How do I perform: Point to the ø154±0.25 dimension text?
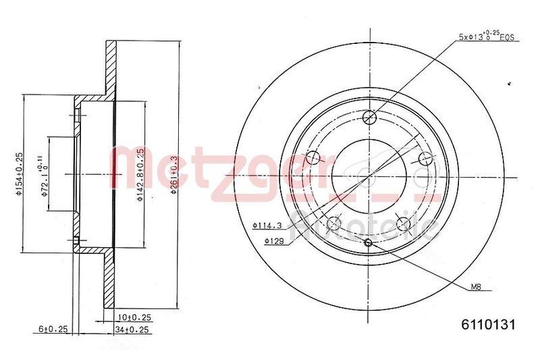click(20, 174)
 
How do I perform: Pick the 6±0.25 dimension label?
click(53, 329)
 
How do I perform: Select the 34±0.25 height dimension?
click(132, 329)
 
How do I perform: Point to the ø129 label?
click(273, 240)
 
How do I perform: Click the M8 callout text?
click(476, 287)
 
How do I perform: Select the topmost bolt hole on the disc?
click(369, 118)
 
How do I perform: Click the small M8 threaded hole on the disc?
click(369, 243)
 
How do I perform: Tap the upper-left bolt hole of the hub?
click(313, 159)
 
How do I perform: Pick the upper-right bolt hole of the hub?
click(425, 159)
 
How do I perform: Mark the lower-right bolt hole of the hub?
click(404, 224)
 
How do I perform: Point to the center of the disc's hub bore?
click(369, 176)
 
